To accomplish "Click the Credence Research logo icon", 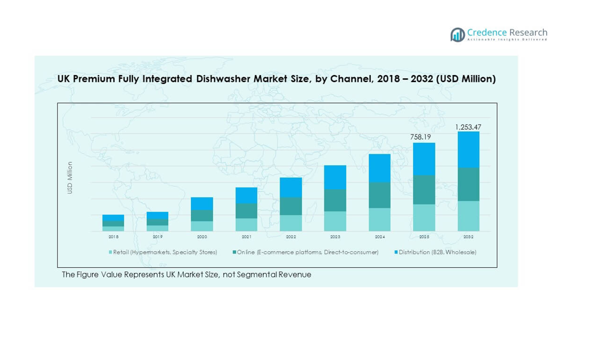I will click(457, 35).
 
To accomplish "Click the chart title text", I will click(276, 79).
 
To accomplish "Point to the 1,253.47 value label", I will click(468, 127).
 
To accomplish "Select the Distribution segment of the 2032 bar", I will click(468, 149).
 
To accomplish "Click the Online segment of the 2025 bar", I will click(424, 190).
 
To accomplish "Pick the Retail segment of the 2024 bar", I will click(380, 219).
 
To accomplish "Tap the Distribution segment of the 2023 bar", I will click(335, 178).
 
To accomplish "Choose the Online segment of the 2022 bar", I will click(291, 206).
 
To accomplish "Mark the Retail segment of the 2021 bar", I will click(247, 224).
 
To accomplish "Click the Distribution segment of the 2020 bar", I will click(202, 203).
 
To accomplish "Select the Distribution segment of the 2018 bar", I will click(113, 218).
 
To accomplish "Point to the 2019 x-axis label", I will click(158, 237).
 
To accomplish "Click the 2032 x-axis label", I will click(468, 237).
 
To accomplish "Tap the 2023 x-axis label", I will click(335, 237).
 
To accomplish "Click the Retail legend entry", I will click(163, 252).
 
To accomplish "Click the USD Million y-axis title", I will click(70, 178).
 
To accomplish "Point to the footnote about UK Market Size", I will click(186, 275).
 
